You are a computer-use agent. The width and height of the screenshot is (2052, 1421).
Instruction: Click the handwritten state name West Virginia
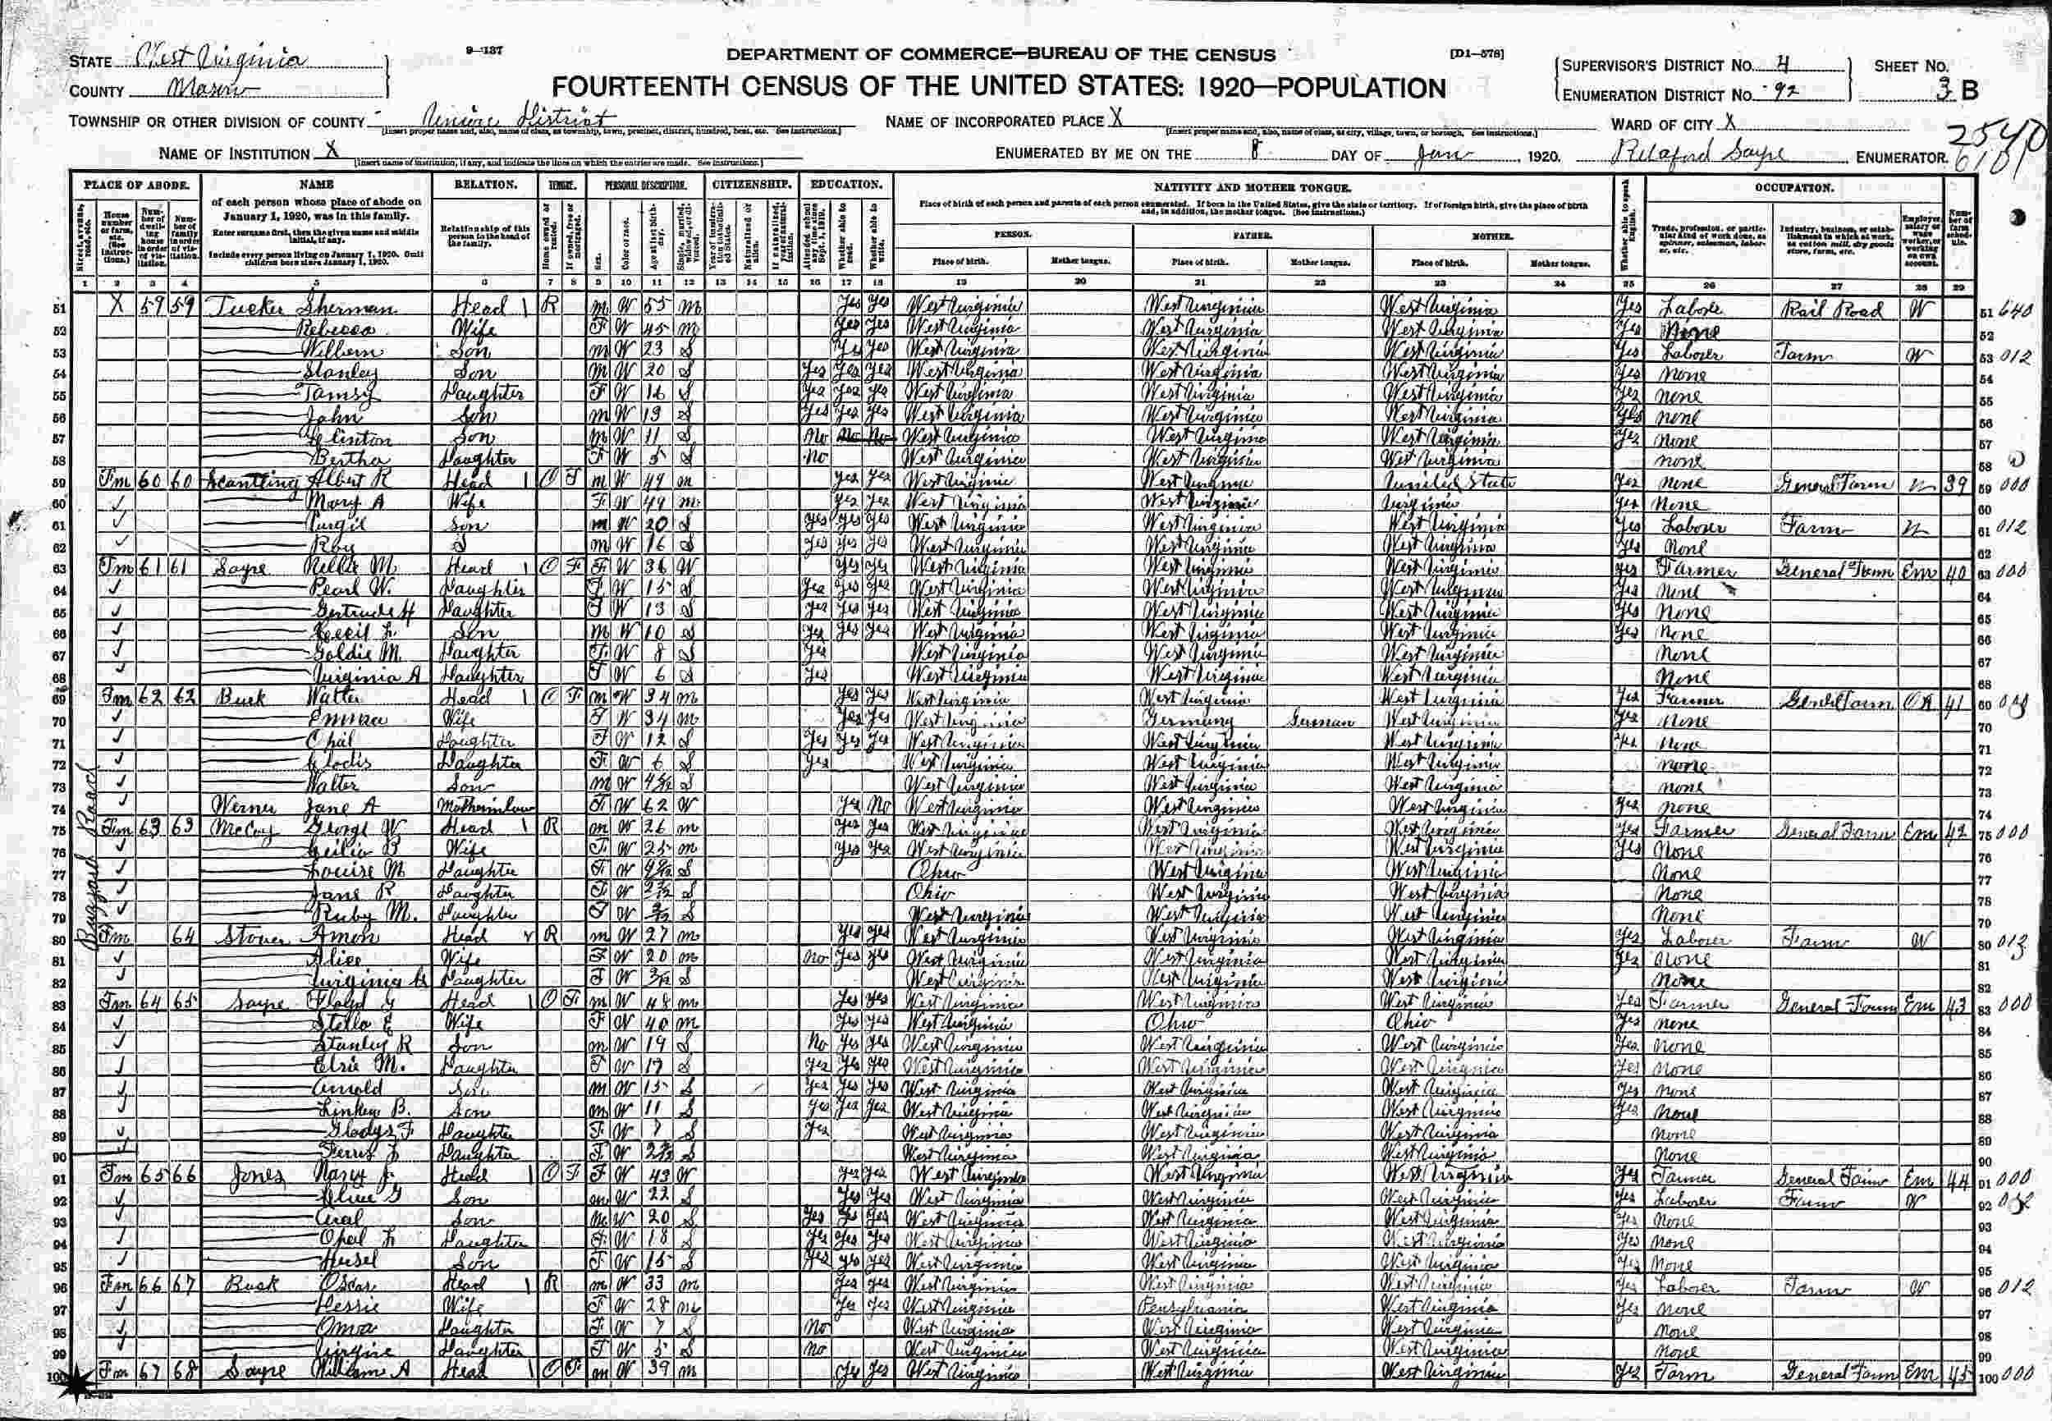(x=222, y=62)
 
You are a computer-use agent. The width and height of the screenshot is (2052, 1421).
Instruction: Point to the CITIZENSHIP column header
(x=750, y=186)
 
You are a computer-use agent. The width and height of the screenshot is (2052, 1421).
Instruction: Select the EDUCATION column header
(x=845, y=186)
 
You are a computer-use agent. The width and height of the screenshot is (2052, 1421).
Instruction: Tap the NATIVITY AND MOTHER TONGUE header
(x=1252, y=189)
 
